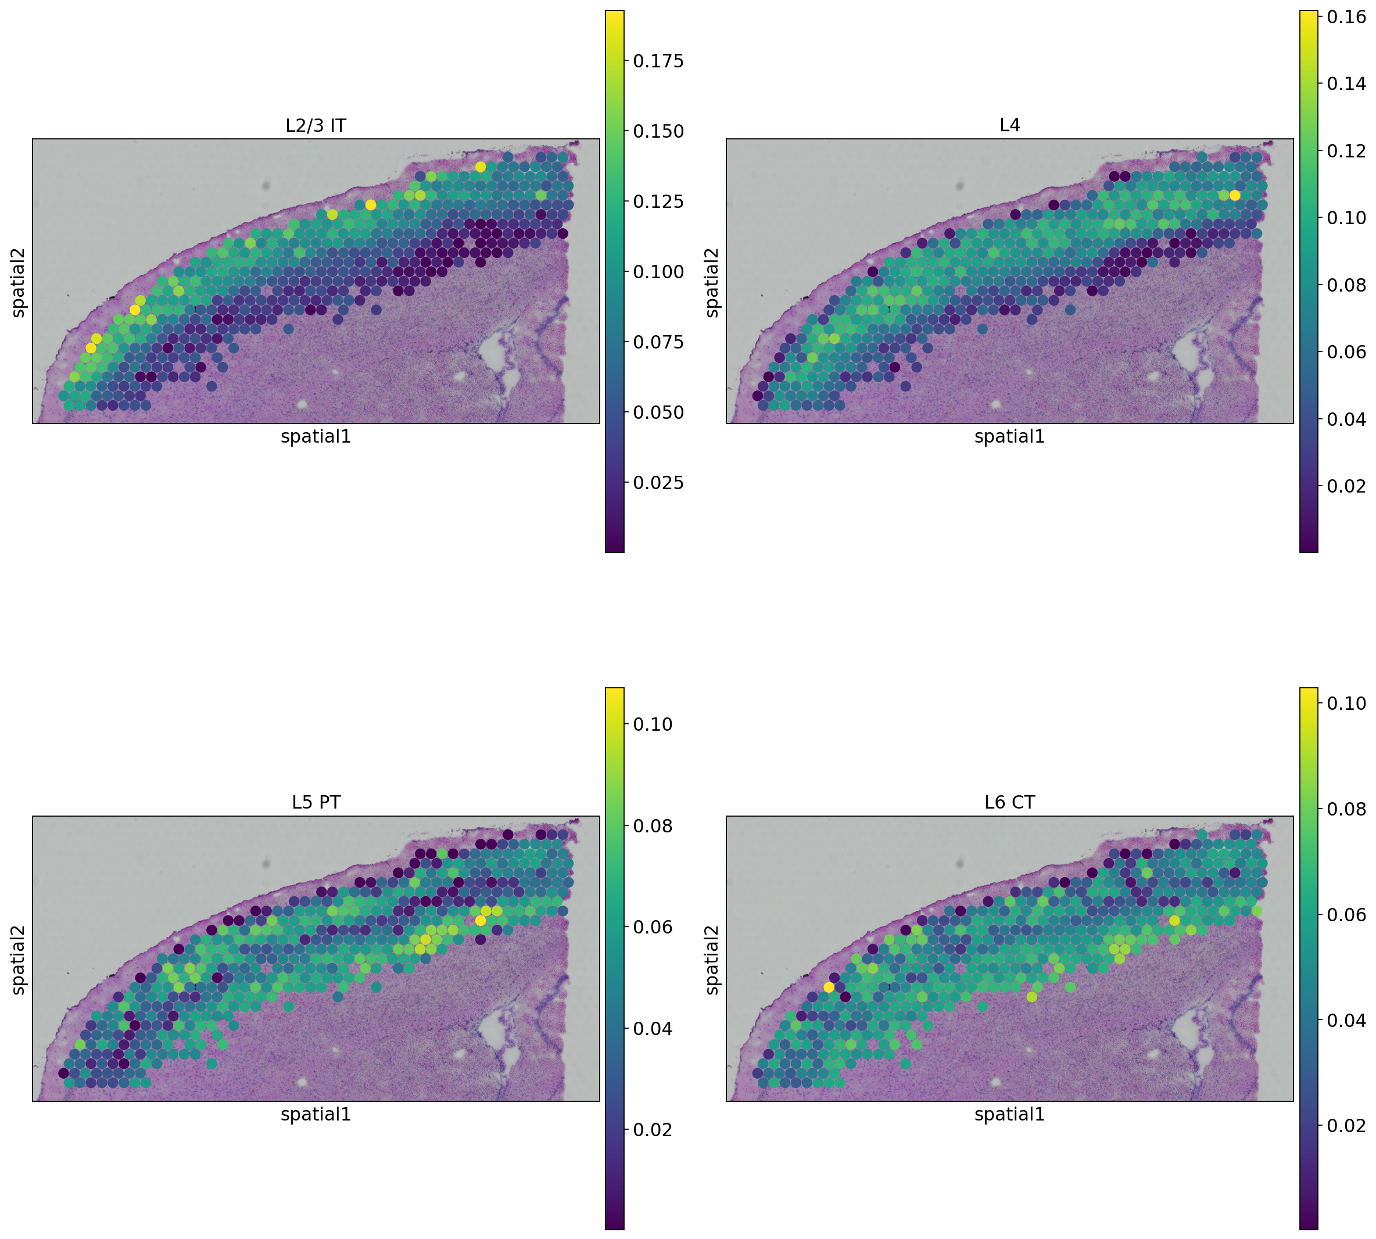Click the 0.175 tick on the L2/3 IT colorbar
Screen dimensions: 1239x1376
tap(658, 61)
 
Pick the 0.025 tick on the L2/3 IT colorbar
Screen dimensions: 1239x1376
tap(658, 483)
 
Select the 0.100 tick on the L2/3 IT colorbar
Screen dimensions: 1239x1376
tap(658, 272)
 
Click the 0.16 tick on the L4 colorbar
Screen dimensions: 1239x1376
tap(1346, 17)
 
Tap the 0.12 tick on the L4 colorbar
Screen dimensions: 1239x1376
tap(1346, 151)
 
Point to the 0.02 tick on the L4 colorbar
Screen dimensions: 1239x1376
tap(1346, 486)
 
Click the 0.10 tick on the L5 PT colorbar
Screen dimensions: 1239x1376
tap(652, 724)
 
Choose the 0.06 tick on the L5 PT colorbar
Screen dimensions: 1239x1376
tap(652, 926)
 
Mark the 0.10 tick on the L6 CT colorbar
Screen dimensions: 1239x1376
tap(1346, 703)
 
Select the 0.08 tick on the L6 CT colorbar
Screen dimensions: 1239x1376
tap(1346, 809)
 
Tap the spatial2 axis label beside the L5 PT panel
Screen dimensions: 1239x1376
tap(19, 960)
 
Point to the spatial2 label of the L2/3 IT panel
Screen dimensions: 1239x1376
tap(19, 282)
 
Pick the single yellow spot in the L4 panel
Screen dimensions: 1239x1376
tap(1234, 195)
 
